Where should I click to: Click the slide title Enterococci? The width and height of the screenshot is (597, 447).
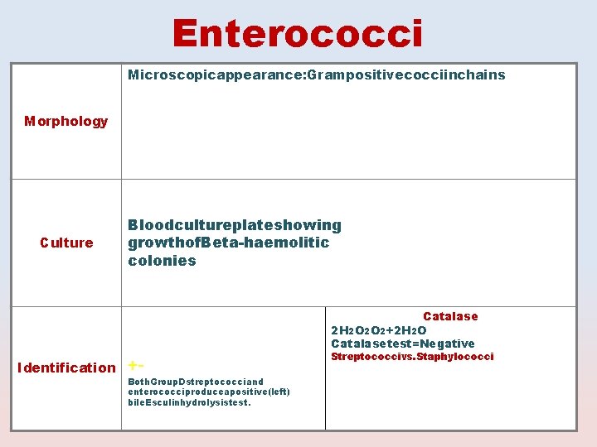[x=298, y=34]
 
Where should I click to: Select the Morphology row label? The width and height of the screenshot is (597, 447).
[x=66, y=122]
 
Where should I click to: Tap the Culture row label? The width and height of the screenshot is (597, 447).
[x=66, y=243]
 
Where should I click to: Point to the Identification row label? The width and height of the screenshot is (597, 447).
[x=66, y=368]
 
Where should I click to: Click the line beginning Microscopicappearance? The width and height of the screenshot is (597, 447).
[x=316, y=75]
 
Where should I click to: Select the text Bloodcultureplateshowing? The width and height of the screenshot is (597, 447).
[x=234, y=225]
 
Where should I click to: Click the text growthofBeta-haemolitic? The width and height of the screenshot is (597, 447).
[x=228, y=243]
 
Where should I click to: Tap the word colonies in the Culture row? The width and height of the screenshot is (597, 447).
[x=162, y=261]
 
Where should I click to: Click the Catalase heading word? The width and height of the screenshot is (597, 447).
[x=450, y=316]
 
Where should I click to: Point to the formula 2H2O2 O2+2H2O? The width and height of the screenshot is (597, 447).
[x=378, y=330]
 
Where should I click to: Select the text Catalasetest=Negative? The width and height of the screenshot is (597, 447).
[x=403, y=344]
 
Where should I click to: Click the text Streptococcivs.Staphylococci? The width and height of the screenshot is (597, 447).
[x=412, y=357]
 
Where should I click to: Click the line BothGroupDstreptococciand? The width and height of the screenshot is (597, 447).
[x=196, y=382]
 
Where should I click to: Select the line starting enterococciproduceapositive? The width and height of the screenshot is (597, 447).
[x=209, y=392]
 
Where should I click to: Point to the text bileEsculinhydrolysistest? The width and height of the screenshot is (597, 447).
[x=189, y=402]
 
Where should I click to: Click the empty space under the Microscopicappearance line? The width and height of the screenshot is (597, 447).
[x=348, y=132]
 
